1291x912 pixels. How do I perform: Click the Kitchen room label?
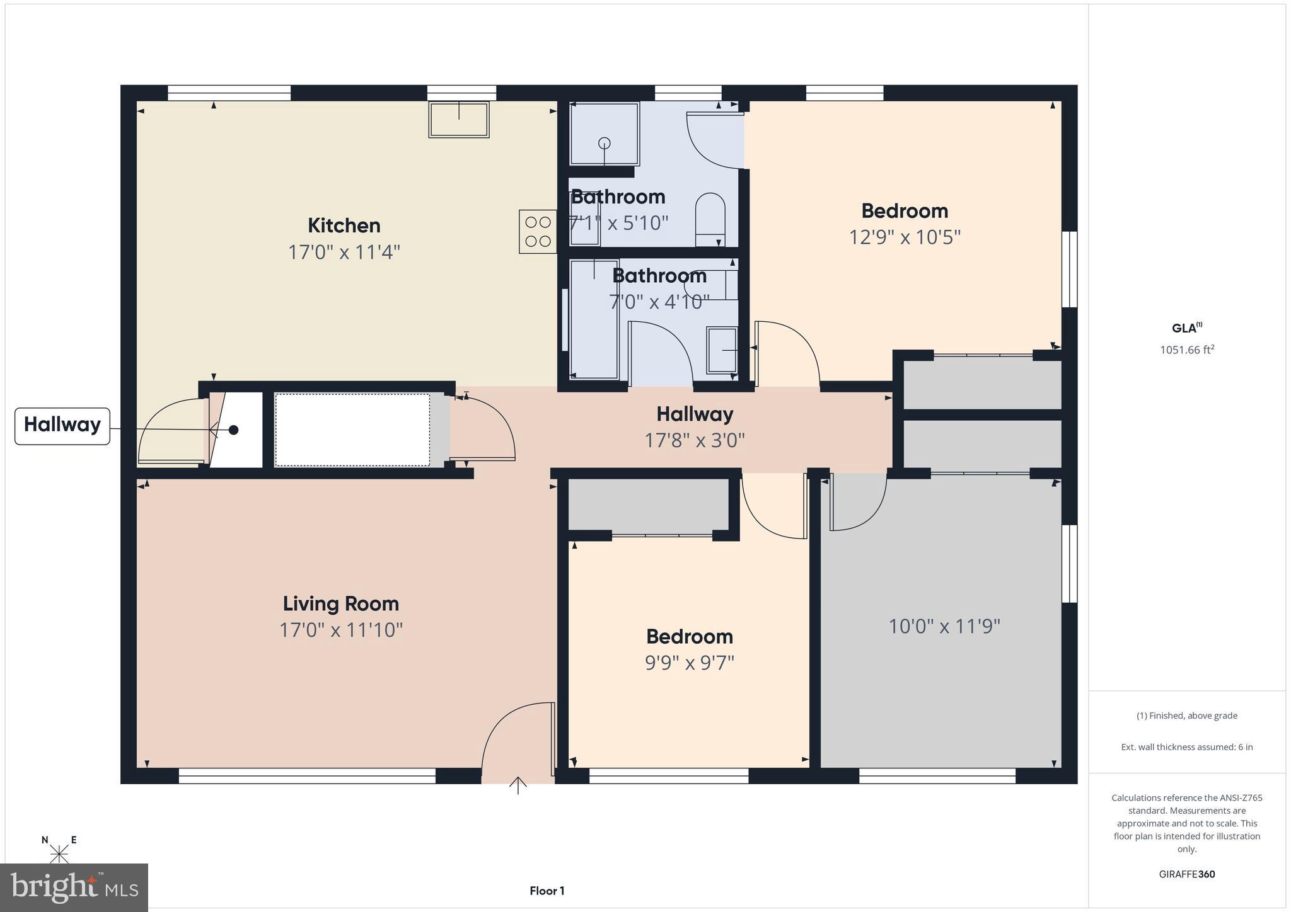click(344, 225)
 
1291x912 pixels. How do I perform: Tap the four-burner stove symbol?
click(538, 232)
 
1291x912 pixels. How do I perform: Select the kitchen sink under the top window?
click(459, 119)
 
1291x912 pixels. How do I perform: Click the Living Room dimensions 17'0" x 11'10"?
click(340, 630)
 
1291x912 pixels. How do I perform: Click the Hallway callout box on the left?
click(62, 425)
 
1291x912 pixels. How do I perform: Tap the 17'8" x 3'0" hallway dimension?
click(694, 440)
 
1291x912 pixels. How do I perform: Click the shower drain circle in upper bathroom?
click(605, 143)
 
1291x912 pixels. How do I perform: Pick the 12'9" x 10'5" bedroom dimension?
click(905, 237)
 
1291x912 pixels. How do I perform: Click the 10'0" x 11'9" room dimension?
click(944, 626)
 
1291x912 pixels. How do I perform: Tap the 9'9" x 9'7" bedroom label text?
click(689, 663)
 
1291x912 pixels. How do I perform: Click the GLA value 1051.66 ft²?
click(1187, 350)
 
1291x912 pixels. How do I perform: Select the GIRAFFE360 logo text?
click(1186, 874)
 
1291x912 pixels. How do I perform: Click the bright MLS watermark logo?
click(74, 887)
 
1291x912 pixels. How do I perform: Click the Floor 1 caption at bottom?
click(547, 891)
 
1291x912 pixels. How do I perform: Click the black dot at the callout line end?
click(233, 430)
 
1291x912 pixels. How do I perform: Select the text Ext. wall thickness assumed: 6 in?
click(1186, 747)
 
